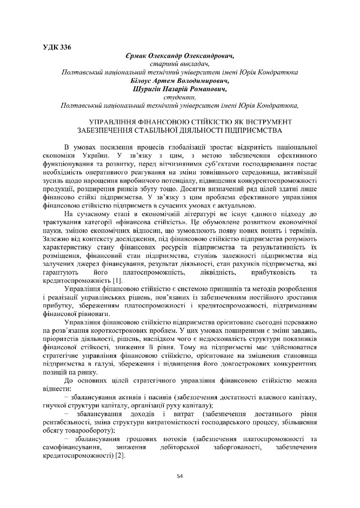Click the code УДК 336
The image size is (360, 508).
click(x=57, y=48)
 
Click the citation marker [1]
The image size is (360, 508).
click(x=117, y=281)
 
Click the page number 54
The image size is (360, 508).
click(x=180, y=476)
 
